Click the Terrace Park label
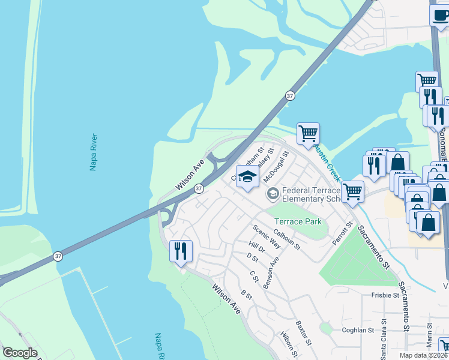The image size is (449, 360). tap(298, 221)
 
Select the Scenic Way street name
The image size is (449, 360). tap(267, 236)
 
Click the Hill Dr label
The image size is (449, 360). tap(256, 247)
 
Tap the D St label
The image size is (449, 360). tap(252, 258)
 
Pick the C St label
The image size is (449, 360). tap(254, 276)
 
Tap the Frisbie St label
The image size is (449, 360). tap(385, 295)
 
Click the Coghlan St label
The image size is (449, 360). tap(359, 329)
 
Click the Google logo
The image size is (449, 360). tap(20, 353)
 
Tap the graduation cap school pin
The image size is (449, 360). tap(247, 177)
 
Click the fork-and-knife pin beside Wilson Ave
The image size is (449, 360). tap(181, 250)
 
